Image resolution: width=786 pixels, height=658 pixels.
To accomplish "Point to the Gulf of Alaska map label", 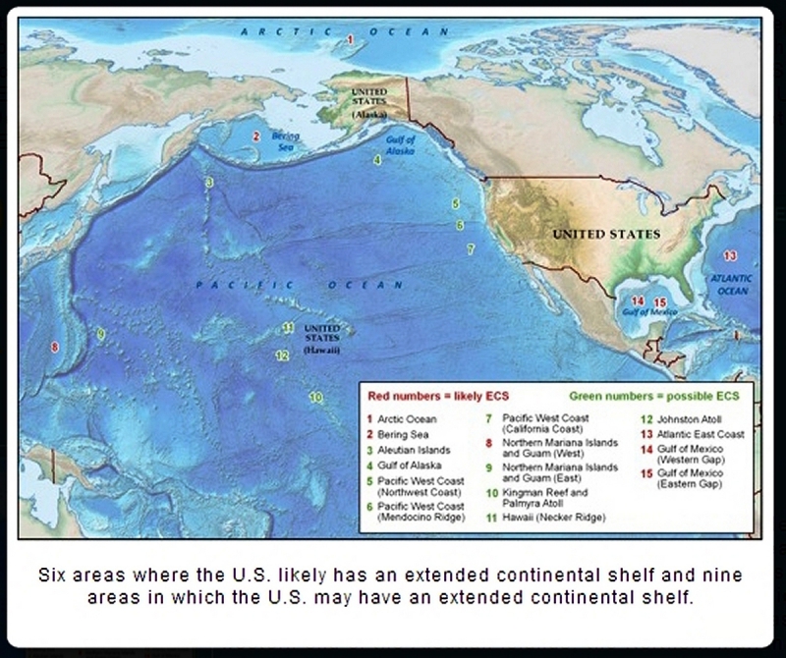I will click(402, 145).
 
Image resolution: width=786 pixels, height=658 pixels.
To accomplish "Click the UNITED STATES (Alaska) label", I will click(370, 101).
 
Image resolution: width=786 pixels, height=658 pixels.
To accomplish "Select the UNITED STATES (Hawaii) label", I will click(321, 338).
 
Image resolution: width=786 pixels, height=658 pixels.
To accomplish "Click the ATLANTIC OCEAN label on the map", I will click(733, 285).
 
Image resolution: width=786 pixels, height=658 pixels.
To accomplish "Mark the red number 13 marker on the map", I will click(729, 255).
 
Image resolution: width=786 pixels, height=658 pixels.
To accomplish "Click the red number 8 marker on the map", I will click(55, 347).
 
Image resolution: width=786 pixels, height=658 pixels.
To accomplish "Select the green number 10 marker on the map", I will click(314, 398).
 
